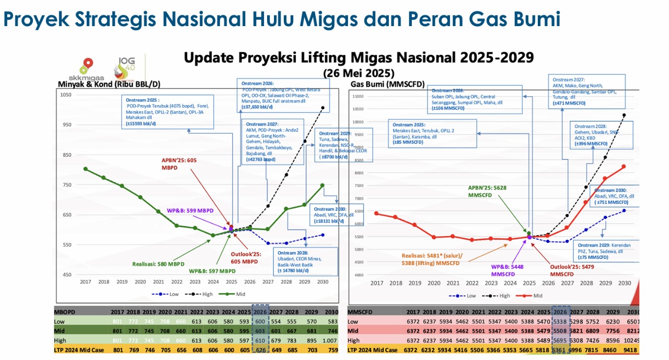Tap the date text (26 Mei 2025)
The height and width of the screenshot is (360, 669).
tap(358, 72)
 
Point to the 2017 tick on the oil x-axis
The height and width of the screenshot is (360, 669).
tap(85, 282)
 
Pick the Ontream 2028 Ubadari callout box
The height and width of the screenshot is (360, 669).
tap(305, 261)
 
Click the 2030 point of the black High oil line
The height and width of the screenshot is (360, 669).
tap(322, 108)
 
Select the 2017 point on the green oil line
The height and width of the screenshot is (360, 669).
tap(85, 169)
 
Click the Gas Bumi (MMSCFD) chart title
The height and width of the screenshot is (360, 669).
tap(387, 84)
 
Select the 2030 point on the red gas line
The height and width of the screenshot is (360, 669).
tap(624, 166)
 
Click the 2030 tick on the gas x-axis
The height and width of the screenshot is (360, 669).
tap(624, 283)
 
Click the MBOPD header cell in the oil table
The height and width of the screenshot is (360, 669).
tap(65, 311)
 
